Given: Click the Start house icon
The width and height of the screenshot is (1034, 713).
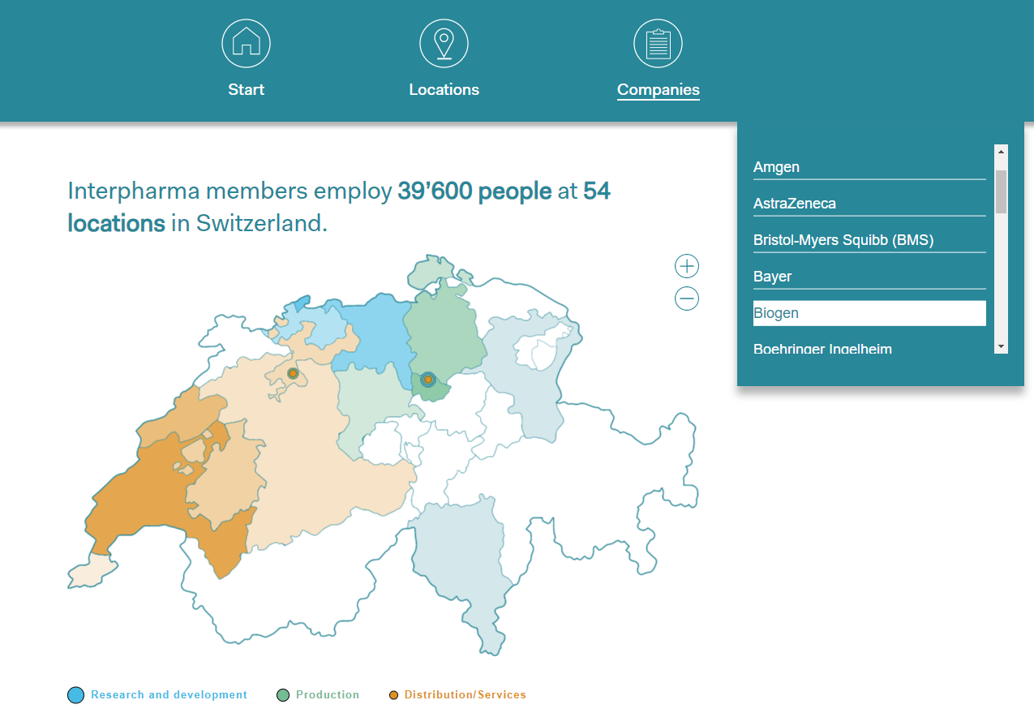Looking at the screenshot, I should (x=246, y=43).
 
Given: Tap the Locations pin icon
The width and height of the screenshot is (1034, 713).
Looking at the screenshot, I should (x=444, y=43).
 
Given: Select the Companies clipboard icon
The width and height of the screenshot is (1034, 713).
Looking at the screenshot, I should (x=658, y=43).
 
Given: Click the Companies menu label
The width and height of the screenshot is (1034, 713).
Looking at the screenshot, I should (x=658, y=90).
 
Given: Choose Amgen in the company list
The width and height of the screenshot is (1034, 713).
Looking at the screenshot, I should (x=776, y=167).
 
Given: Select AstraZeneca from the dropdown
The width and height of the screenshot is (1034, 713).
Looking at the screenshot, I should (x=794, y=204).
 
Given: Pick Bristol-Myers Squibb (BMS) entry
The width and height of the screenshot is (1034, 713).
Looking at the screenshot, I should (x=843, y=240).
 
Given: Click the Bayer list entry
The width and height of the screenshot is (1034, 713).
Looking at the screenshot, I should (x=772, y=277).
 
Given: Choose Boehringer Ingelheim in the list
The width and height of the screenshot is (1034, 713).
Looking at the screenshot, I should (x=822, y=348).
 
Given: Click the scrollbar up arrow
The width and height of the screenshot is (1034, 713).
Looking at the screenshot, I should (x=1001, y=152).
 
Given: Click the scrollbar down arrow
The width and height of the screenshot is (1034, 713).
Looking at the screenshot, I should (x=1001, y=346).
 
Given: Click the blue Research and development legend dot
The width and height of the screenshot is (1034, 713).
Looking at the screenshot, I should (x=75, y=695).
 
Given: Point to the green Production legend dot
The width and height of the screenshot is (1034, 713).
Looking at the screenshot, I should (x=283, y=695).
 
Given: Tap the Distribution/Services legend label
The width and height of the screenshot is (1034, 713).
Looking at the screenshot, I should (x=465, y=695).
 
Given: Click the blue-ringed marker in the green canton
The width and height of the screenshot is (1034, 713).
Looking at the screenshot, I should (x=428, y=379).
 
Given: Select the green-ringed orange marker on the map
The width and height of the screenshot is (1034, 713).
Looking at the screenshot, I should (x=293, y=373).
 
